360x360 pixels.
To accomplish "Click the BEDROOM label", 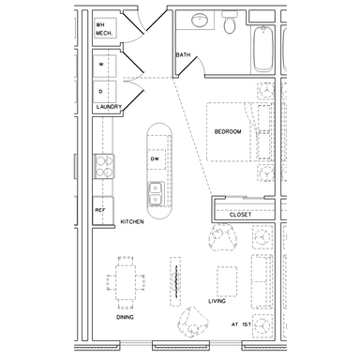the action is pos(228,131).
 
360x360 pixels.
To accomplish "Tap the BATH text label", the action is pos(183,55).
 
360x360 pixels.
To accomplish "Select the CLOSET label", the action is pos(240,215).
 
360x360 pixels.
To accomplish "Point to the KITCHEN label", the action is pos(132,221).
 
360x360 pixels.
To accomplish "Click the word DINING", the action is pos(125,317).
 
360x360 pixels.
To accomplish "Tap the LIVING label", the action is pos(217,301).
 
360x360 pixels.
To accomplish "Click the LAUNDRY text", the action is pos(109,107).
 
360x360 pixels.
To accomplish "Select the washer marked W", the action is pos(105,66).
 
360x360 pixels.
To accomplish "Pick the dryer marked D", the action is pos(105,92).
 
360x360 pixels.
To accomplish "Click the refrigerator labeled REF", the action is pos(103,210).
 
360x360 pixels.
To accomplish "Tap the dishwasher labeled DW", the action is pos(157,159).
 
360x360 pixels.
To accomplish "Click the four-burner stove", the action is pos(104,167).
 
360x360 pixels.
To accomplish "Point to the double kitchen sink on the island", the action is pos(156,194).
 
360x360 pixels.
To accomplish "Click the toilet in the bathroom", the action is pos(230,22).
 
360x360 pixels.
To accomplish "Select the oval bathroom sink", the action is pos(200,21).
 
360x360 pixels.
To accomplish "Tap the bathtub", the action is pos(263,49).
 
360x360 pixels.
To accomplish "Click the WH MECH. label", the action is pos(104,29).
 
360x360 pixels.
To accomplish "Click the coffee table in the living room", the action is pos(227,281).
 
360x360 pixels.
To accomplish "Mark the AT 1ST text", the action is pos(241,324).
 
